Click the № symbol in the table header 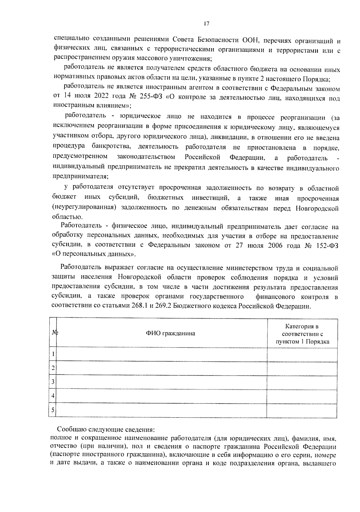(54, 333)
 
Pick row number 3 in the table (53, 382)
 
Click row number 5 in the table (53, 410)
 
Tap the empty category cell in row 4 (302, 396)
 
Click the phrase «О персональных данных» (94, 255)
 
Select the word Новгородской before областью (317, 208)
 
